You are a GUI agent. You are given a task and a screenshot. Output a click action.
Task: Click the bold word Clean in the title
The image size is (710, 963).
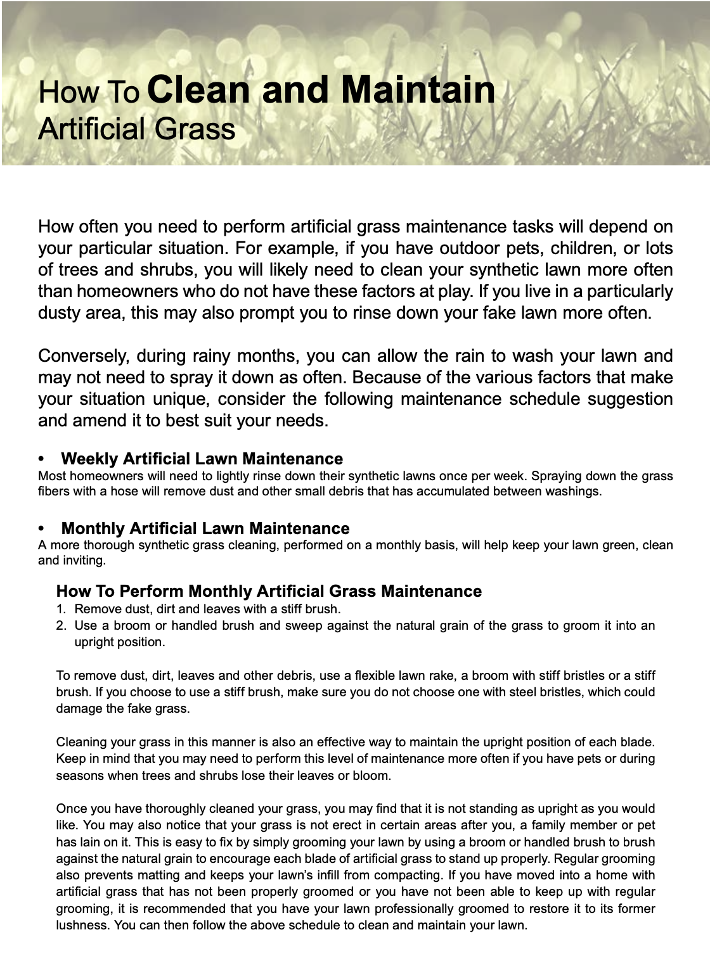click(198, 89)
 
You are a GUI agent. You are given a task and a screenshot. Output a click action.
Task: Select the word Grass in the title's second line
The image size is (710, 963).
click(195, 129)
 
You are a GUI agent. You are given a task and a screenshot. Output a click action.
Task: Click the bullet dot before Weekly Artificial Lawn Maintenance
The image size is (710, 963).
click(42, 459)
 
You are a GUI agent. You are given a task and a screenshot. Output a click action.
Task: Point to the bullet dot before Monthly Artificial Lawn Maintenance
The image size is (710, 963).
click(42, 528)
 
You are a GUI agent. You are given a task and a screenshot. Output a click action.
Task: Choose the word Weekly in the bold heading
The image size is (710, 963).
click(89, 459)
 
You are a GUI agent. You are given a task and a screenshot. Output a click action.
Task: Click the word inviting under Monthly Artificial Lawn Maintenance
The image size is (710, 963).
click(82, 560)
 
